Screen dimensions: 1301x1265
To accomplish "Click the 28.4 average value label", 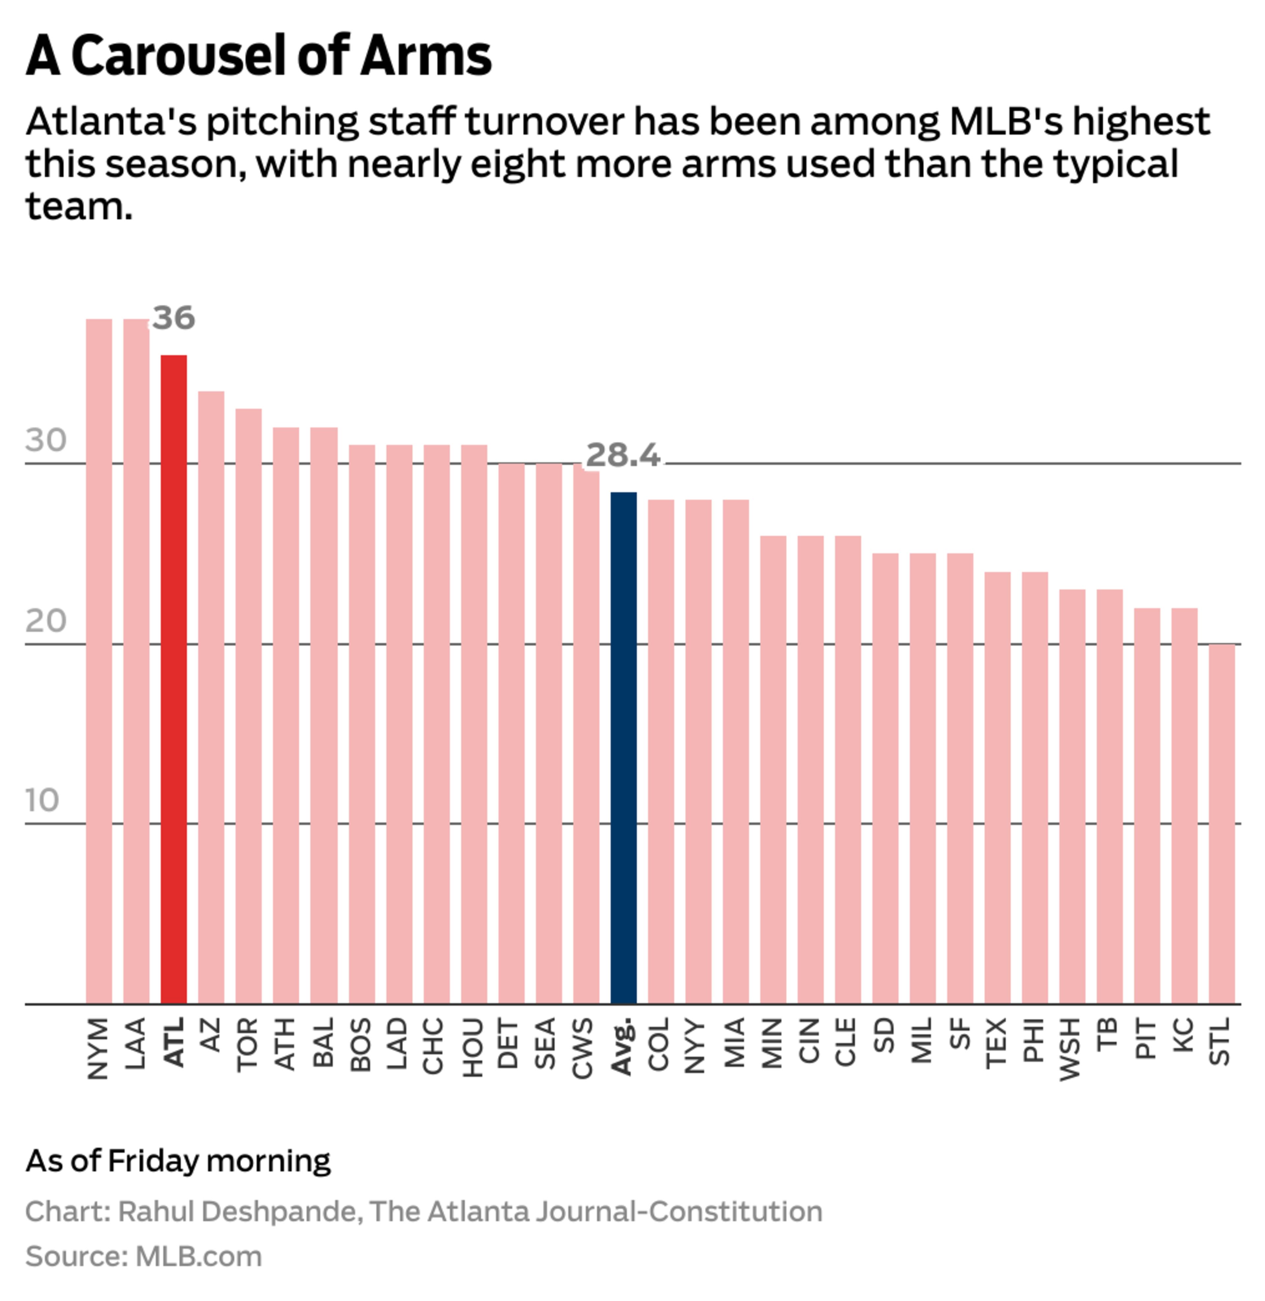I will click(623, 455).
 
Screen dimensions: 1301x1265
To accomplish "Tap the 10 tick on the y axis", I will click(42, 801).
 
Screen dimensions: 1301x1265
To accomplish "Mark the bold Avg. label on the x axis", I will click(622, 1046).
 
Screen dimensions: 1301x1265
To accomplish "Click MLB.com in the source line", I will click(199, 1256).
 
